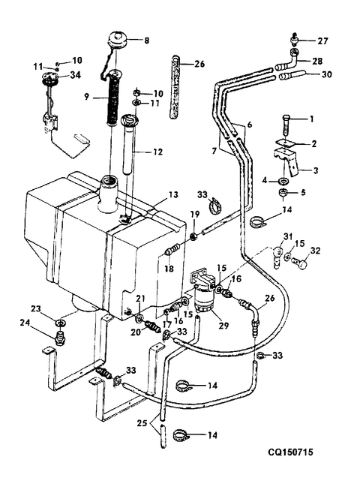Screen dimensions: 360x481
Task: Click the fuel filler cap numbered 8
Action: pyautogui.click(x=118, y=40)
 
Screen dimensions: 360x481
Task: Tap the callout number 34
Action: pyautogui.click(x=75, y=75)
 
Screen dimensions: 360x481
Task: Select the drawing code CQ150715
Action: pyautogui.click(x=291, y=452)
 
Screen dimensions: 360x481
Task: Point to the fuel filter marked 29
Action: pyautogui.click(x=205, y=296)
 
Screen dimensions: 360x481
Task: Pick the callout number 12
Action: pyautogui.click(x=157, y=152)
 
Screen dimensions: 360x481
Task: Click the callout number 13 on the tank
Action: pyautogui.click(x=173, y=195)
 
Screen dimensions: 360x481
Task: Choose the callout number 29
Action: pyautogui.click(x=223, y=325)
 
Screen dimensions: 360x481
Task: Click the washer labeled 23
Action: pyautogui.click(x=60, y=323)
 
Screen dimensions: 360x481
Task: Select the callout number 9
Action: pyautogui.click(x=87, y=97)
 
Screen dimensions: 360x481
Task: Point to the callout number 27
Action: pyautogui.click(x=323, y=41)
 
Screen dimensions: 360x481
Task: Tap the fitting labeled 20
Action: pyautogui.click(x=151, y=326)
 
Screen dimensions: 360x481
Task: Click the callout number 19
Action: pyautogui.click(x=196, y=214)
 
